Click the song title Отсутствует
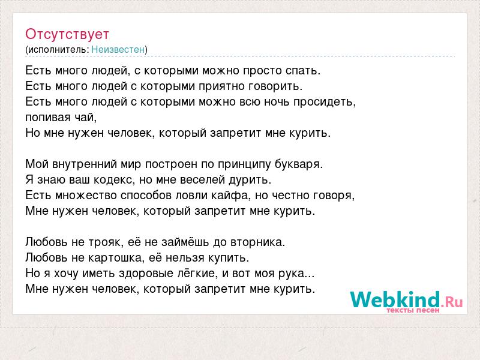pos(67,34)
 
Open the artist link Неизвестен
pos(118,49)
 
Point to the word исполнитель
pos(58,49)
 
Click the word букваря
pos(299,164)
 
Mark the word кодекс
pos(114,179)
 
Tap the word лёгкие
pos(198,274)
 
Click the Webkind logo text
pos(395,299)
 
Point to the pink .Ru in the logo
pos(452,302)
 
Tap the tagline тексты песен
pos(413,310)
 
